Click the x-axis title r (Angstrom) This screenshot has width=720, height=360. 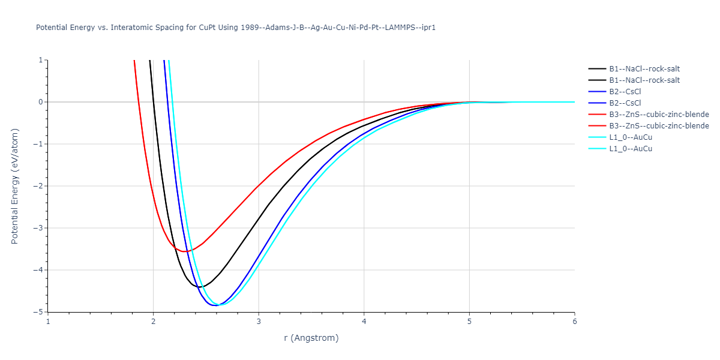coord(311,338)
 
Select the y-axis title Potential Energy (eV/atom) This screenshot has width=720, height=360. coord(16,186)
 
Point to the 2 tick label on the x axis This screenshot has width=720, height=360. coord(153,322)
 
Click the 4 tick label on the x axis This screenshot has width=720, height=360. coord(364,322)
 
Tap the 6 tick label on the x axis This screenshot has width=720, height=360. coord(574,322)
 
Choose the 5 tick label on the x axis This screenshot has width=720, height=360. coord(469,322)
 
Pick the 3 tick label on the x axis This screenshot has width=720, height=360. coord(259,322)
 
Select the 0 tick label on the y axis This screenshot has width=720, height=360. coord(41,102)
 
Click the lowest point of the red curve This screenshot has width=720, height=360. coord(185,251)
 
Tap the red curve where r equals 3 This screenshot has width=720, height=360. coord(259,185)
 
